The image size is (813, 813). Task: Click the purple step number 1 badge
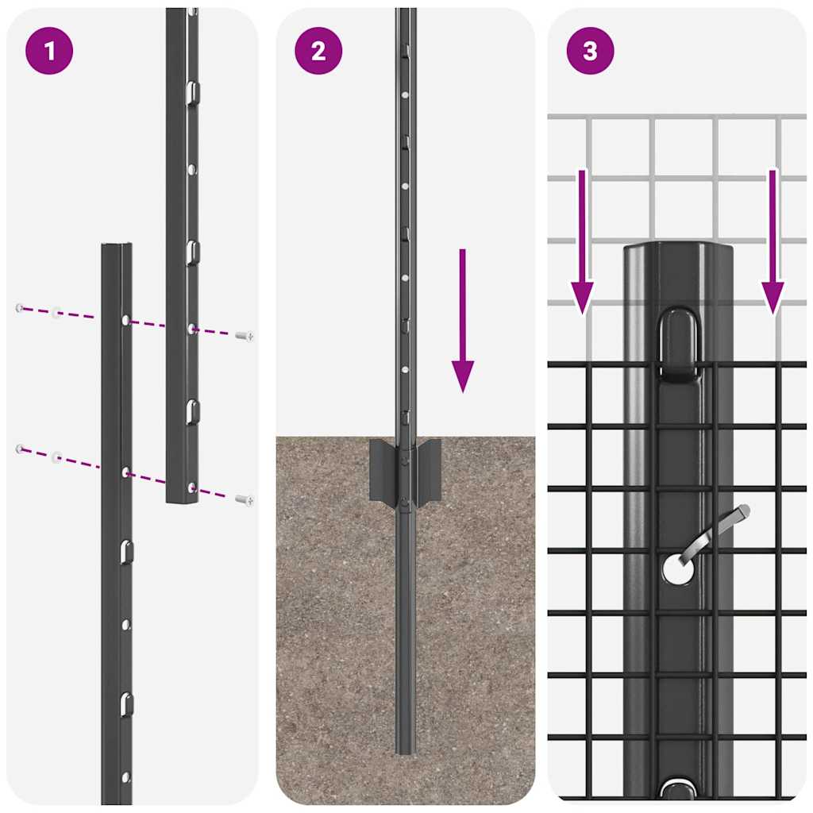[49, 51]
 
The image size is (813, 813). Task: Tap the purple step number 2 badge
[318, 51]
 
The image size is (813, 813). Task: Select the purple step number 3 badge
[590, 51]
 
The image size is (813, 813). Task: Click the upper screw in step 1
[245, 337]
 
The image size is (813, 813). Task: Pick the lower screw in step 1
[245, 499]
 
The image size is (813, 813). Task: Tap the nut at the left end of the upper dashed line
[19, 307]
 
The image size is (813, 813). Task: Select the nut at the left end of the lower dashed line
[19, 449]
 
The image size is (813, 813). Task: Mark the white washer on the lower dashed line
[56, 457]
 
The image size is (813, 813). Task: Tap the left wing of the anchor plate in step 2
[381, 469]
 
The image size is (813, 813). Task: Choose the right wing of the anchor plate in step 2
[430, 469]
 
